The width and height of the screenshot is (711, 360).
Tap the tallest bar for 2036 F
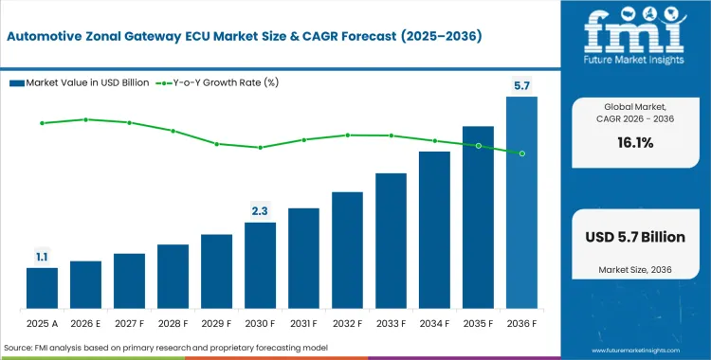click(521, 203)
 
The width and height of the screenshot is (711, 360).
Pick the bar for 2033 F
click(391, 242)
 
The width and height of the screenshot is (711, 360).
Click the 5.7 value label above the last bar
click(521, 86)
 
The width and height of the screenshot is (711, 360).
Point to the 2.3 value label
click(260, 210)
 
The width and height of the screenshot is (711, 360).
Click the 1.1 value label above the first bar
click(42, 256)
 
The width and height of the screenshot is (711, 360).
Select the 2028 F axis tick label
click(173, 324)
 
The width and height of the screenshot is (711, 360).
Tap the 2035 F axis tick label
click(478, 324)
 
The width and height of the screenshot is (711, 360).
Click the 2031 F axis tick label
click(303, 324)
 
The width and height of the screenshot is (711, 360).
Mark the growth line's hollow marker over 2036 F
click(521, 153)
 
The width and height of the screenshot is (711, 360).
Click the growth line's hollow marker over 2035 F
click(478, 146)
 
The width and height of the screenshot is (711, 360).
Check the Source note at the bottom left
click(166, 348)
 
